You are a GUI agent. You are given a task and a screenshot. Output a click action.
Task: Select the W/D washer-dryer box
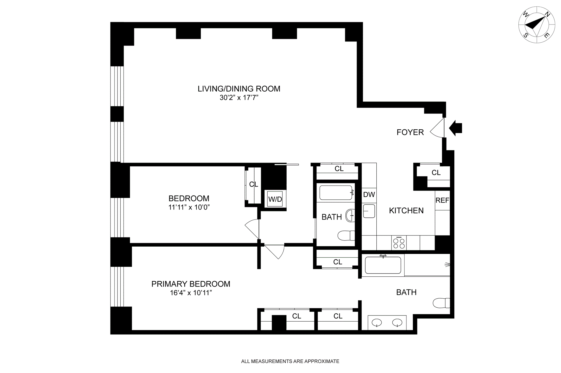pos(275,199)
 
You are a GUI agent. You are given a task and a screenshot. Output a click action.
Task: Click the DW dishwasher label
pos(369,195)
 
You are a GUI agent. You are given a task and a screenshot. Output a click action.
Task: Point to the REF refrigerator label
pos(442,201)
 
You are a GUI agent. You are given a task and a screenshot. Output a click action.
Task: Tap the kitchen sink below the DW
pos(369,211)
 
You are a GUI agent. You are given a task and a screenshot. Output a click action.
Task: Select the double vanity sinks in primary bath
pos(387,323)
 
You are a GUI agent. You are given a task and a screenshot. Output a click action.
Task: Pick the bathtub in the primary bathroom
pos(383,265)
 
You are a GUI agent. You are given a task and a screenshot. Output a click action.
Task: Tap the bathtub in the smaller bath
pos(336,193)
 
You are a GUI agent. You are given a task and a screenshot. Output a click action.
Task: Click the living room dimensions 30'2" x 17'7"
pos(239,98)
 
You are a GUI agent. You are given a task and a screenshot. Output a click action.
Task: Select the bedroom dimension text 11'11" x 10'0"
pos(189,208)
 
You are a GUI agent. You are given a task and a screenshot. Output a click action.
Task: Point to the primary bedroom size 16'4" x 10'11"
pos(191,293)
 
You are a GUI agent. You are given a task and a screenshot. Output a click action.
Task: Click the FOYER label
pos(410,132)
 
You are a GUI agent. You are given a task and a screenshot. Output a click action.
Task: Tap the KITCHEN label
pos(406,211)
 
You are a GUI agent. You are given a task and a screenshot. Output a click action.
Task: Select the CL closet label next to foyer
pos(436,173)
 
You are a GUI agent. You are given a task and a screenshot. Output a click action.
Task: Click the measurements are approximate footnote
pos(290,361)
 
